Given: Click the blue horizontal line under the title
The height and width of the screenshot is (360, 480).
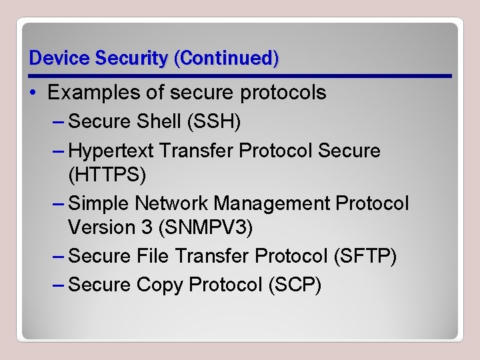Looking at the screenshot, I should click(240, 76).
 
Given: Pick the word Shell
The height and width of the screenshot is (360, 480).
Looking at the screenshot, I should click(159, 121).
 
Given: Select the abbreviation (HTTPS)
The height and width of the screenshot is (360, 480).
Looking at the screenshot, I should click(107, 175).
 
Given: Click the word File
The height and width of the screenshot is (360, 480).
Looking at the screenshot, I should click(155, 256).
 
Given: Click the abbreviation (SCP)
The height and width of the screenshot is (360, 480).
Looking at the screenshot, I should click(294, 285).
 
